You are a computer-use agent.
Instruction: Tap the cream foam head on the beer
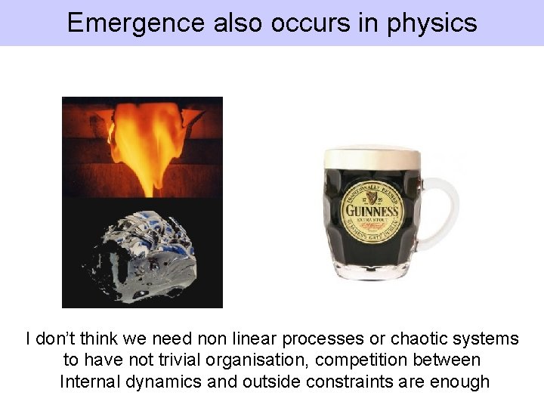tap(370, 156)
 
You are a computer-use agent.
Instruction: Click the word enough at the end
tap(459, 382)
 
